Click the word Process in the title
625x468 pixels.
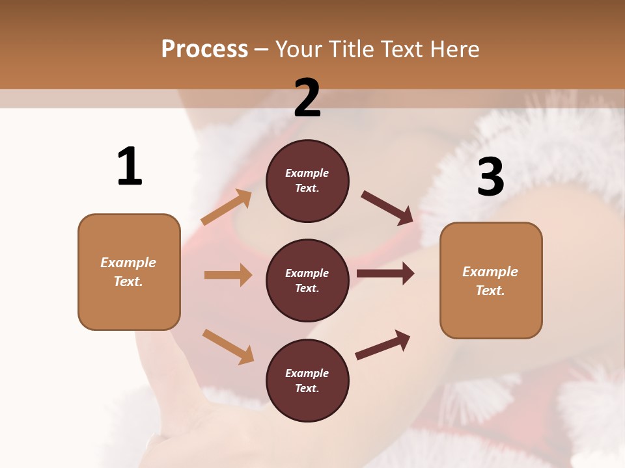click(204, 49)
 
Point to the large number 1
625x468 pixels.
click(130, 166)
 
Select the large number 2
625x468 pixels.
click(307, 98)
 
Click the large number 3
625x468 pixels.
click(490, 177)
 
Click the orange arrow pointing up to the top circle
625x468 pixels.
click(227, 207)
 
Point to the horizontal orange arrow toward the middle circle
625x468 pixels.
click(228, 275)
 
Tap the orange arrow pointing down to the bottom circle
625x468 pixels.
click(228, 346)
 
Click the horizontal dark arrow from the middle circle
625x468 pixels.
click(385, 274)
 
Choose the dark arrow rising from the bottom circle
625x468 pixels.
click(383, 345)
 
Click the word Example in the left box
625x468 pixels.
click(128, 263)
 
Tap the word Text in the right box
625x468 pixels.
click(490, 291)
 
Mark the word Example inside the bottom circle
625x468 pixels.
click(307, 373)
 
